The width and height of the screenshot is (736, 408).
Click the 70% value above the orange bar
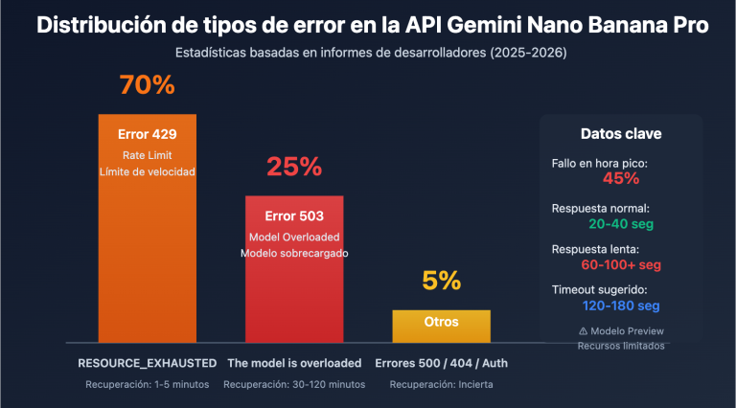coord(147,85)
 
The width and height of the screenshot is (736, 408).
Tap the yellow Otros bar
coord(442,324)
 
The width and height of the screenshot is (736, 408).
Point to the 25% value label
coord(293,167)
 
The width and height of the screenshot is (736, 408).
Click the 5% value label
coord(442,282)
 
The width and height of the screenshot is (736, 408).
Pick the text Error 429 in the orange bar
coord(147,134)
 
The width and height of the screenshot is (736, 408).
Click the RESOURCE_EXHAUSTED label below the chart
coord(147,364)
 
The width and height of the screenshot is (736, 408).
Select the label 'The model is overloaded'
coord(294,364)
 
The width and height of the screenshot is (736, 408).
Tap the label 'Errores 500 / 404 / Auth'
coord(442,364)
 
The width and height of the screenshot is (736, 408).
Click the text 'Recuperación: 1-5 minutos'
coord(147,384)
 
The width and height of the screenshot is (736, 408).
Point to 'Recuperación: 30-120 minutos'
coord(294,384)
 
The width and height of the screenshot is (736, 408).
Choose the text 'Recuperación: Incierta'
coord(442,384)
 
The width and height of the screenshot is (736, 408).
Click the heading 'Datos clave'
coord(621,134)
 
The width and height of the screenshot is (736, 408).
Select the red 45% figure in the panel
coord(621,177)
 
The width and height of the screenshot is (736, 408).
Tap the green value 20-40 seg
coord(621,222)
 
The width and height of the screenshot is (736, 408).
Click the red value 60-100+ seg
coord(621,264)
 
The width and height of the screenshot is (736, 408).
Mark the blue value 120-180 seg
coord(621,306)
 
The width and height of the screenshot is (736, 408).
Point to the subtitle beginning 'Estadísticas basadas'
coord(368,54)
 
